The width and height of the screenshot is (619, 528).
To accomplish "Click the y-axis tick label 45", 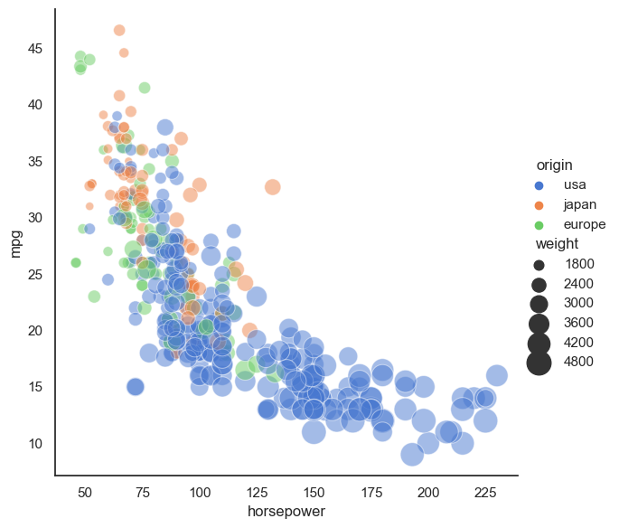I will point(35,48).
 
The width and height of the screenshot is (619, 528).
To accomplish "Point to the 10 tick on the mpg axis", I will point(35,443).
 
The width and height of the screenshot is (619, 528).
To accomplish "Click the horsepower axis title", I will point(286,512).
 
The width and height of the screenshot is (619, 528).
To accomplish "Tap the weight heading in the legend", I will point(557,244).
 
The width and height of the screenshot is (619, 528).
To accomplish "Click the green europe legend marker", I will point(539,224).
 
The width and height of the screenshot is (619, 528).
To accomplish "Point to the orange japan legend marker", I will point(539,204).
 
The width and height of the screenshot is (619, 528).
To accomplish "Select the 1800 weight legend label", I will point(577,264).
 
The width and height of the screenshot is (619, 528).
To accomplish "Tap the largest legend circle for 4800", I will point(539,362).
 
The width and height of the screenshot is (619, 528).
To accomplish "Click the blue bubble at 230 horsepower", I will point(496,375).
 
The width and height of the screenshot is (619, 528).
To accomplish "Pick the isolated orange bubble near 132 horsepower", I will point(273,186).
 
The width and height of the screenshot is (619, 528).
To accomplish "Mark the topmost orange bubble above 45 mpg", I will point(119,30).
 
